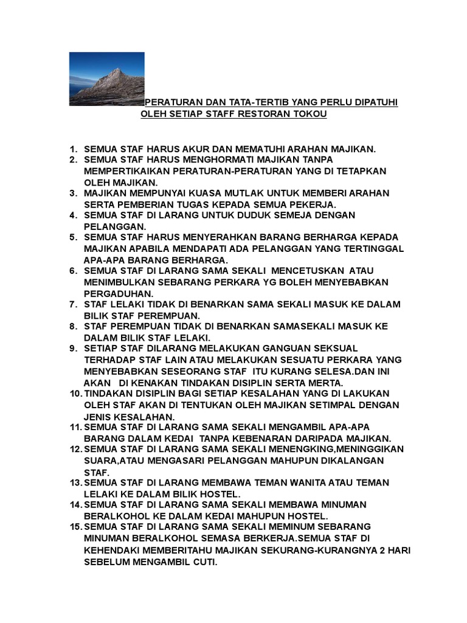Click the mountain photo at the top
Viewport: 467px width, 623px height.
[106, 78]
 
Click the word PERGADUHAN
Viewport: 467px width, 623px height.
[119, 293]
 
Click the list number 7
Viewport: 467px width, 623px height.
[72, 304]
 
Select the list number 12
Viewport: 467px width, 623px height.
[75, 449]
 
